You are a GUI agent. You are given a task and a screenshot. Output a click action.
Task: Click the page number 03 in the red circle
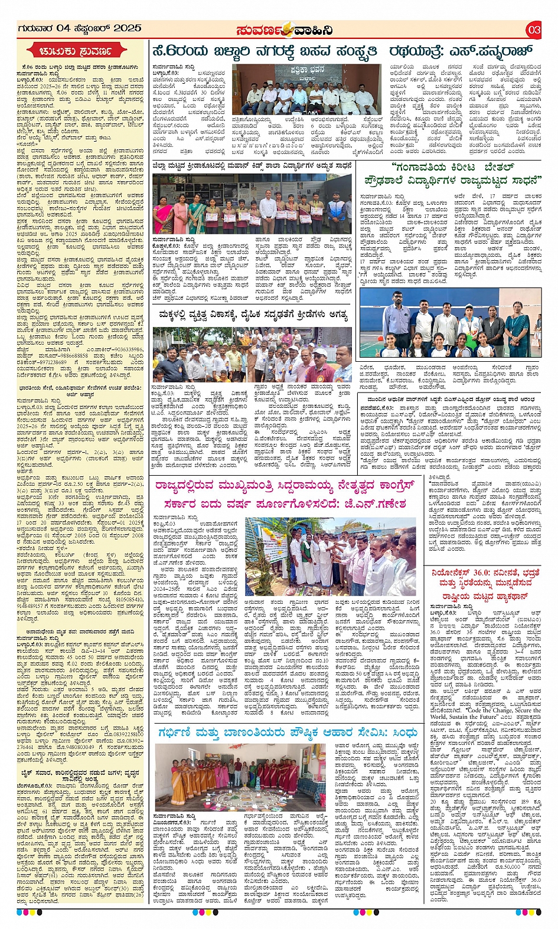(534, 29)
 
